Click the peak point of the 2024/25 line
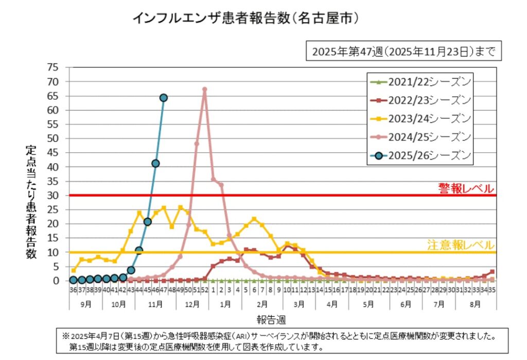pyautogui.click(x=204, y=89)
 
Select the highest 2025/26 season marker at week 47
pyautogui.click(x=164, y=98)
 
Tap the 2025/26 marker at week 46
pyautogui.click(x=155, y=164)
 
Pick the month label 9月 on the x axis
pyautogui.click(x=86, y=304)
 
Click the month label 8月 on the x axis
pyautogui.click(x=476, y=304)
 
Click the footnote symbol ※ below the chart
pyautogui.click(x=65, y=336)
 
